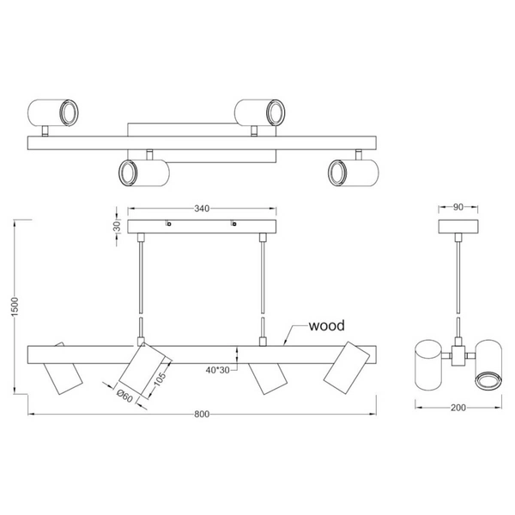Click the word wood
(x=327, y=326)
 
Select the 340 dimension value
(x=202, y=209)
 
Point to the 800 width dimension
(x=201, y=415)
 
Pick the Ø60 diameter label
(x=122, y=395)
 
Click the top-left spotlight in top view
(x=52, y=112)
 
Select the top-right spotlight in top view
(x=260, y=112)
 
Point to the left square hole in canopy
(x=169, y=225)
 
